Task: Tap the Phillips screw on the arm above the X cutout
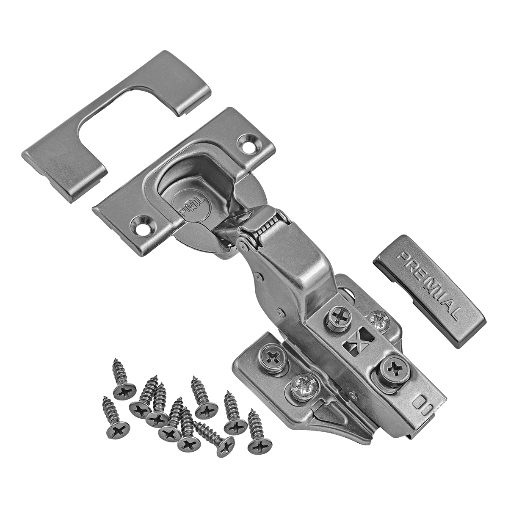tap(338, 315)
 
